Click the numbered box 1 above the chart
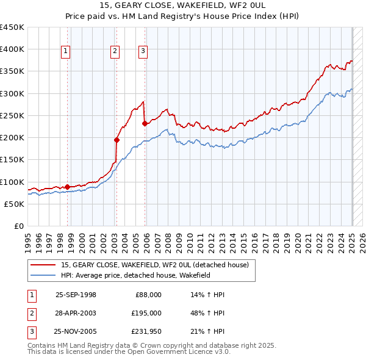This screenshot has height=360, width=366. [65, 52]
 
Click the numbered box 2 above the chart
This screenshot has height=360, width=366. [114, 52]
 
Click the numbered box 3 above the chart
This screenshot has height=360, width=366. [143, 52]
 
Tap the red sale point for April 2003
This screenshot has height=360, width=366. [117, 140]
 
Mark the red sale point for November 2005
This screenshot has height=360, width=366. [145, 123]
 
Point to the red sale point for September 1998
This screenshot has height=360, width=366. [67, 187]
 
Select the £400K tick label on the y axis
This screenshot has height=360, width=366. [12, 49]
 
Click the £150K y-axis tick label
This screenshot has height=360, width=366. [12, 160]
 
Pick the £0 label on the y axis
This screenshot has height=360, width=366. [18, 226]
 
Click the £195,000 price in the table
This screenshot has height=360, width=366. [146, 313]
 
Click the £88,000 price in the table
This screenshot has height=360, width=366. [148, 295]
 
